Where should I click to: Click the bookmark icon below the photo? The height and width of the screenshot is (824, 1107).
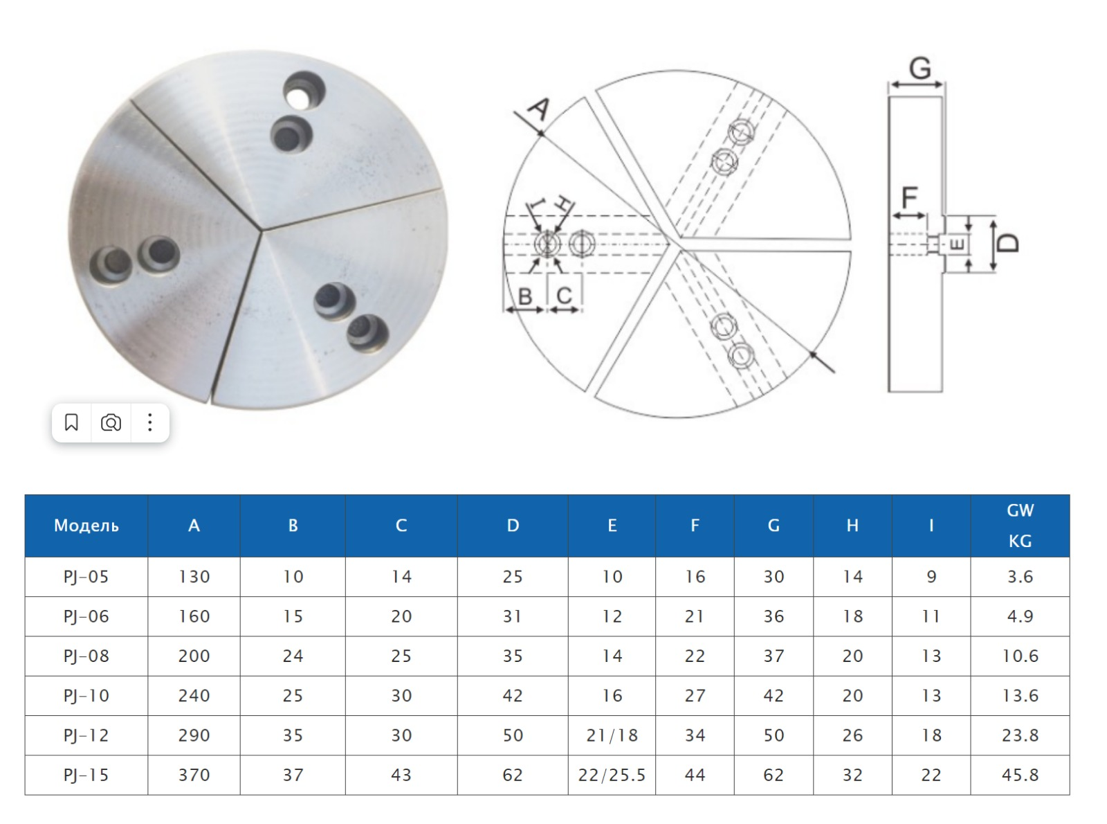click(x=71, y=423)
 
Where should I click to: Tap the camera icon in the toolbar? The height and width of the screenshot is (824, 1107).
click(x=110, y=423)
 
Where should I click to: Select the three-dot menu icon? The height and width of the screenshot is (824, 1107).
click(x=149, y=423)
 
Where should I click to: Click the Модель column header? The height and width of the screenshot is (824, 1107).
click(x=86, y=525)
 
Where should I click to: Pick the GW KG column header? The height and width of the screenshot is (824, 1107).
click(x=1020, y=525)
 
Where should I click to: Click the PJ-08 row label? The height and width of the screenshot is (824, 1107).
click(x=86, y=656)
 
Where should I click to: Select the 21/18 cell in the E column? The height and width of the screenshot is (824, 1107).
click(x=612, y=735)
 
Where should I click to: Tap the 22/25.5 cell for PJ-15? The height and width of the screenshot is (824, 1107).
click(x=612, y=775)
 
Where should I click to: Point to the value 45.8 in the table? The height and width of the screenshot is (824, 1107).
click(x=1020, y=775)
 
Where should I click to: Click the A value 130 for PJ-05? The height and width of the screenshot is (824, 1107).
click(x=194, y=577)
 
